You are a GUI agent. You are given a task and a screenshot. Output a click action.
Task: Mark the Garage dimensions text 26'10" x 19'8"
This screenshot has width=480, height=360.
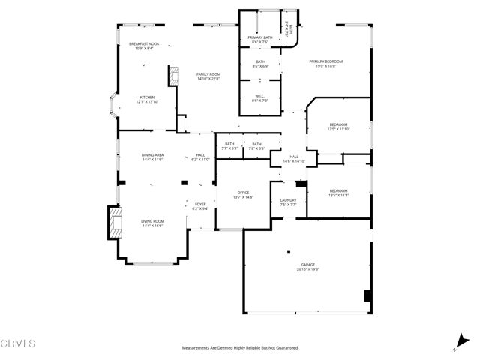coord(307,268)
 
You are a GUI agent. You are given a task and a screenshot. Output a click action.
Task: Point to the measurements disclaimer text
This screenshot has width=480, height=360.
coord(240,348)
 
